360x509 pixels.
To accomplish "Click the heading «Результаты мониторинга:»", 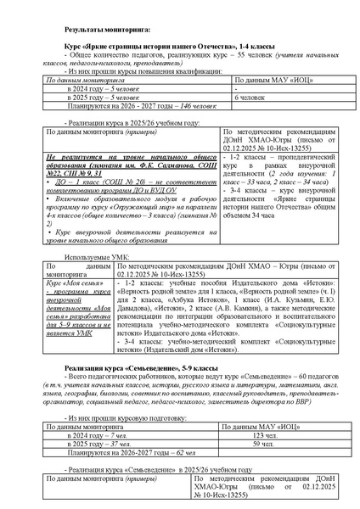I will pyautogui.click(x=107, y=30).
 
